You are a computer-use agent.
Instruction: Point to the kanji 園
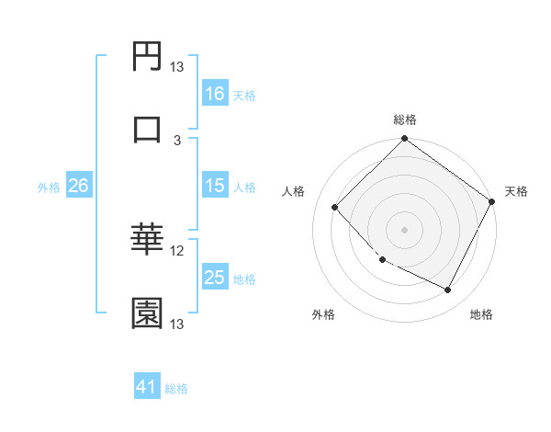coord(148,313)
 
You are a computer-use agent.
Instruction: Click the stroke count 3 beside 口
coord(177,140)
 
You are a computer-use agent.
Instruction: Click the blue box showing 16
coord(215,94)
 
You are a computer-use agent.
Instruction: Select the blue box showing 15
coord(215,186)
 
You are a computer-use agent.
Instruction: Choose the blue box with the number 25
coord(215,278)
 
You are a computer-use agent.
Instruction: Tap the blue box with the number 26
coord(78,186)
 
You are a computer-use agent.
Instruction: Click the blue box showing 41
coord(148,387)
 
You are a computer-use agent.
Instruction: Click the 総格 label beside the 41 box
coord(177,389)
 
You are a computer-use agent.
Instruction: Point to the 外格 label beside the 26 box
coord(49,187)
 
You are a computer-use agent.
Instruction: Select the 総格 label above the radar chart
coord(404,119)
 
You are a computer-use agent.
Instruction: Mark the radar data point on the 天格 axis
coord(491,202)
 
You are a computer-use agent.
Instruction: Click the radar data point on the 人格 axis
coord(335,207)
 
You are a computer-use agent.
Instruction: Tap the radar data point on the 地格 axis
coord(448,290)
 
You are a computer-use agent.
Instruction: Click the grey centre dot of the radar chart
coord(404,230)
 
